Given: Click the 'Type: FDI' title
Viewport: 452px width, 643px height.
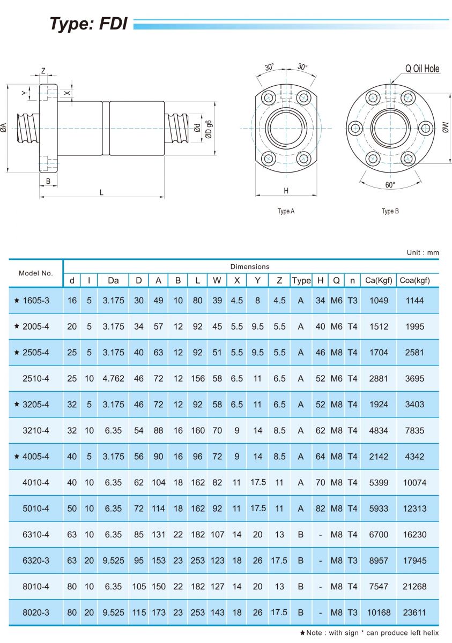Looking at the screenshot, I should point(88,24).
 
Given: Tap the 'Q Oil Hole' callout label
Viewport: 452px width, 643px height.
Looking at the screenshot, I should point(422,69).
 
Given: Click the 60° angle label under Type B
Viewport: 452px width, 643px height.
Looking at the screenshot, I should point(390,185).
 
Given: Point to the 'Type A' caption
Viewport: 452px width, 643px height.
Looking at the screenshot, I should point(286,211).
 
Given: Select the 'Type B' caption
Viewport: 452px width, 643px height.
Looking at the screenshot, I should point(390,211).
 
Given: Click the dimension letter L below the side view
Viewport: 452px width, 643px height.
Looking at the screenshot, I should point(101,193).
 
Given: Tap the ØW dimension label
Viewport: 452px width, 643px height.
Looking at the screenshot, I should point(444,127).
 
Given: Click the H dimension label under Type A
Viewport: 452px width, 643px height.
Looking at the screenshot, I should point(286,191).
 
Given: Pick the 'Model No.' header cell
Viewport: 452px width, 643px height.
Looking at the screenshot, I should point(36,273).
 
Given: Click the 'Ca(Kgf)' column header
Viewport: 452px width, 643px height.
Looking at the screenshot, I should point(379,280).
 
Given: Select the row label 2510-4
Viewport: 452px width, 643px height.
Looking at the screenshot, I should point(36,378).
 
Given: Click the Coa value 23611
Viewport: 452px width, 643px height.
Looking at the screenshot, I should point(414,612).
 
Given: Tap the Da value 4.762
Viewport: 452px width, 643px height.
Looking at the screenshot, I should point(113,378).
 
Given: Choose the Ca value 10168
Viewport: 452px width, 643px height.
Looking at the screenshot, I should point(379,612).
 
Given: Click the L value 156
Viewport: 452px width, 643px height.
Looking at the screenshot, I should point(198,378).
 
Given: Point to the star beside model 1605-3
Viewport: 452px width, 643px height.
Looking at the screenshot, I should point(17,301).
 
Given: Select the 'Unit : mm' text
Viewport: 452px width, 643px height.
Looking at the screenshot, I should point(423,252).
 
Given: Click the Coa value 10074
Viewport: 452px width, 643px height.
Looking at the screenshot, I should point(414,482).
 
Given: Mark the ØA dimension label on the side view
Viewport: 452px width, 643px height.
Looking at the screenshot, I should point(4,128).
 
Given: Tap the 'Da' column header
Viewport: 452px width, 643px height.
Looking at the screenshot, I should point(113,280).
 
